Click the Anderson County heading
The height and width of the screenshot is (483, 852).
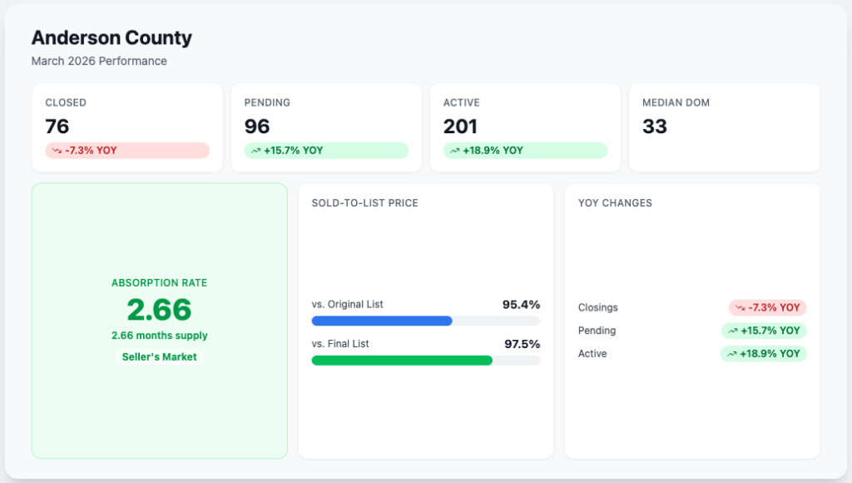pyautogui.click(x=111, y=37)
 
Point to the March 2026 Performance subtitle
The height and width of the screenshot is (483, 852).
pyautogui.click(x=99, y=61)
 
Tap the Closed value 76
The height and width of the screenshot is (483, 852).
pyautogui.click(x=57, y=127)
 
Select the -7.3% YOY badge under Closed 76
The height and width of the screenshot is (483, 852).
pyautogui.click(x=127, y=151)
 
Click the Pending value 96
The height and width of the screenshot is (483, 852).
pyautogui.click(x=257, y=127)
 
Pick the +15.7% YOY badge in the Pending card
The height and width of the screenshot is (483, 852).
pyautogui.click(x=326, y=151)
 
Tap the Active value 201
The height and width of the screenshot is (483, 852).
pyautogui.click(x=460, y=127)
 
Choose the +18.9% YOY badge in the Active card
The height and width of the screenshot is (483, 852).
pyautogui.click(x=526, y=151)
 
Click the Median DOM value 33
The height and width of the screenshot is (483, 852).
pyautogui.click(x=654, y=127)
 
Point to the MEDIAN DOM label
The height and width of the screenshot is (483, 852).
pyautogui.click(x=676, y=102)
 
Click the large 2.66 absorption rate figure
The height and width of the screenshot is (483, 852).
pyautogui.click(x=159, y=310)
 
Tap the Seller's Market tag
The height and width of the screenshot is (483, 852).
pyautogui.click(x=159, y=356)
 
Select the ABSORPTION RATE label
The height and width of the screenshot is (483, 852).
pyautogui.click(x=159, y=283)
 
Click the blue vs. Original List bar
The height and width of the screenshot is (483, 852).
pyautogui.click(x=382, y=321)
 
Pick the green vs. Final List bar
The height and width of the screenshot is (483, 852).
pyautogui.click(x=402, y=361)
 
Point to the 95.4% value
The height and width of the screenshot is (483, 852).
pyautogui.click(x=521, y=305)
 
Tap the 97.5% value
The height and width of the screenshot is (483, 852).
pyautogui.click(x=523, y=344)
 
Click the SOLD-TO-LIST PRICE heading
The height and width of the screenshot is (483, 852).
pyautogui.click(x=365, y=203)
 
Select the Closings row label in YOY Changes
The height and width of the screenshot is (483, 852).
pyautogui.click(x=597, y=307)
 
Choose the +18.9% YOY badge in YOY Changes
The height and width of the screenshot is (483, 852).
pyautogui.click(x=764, y=354)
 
